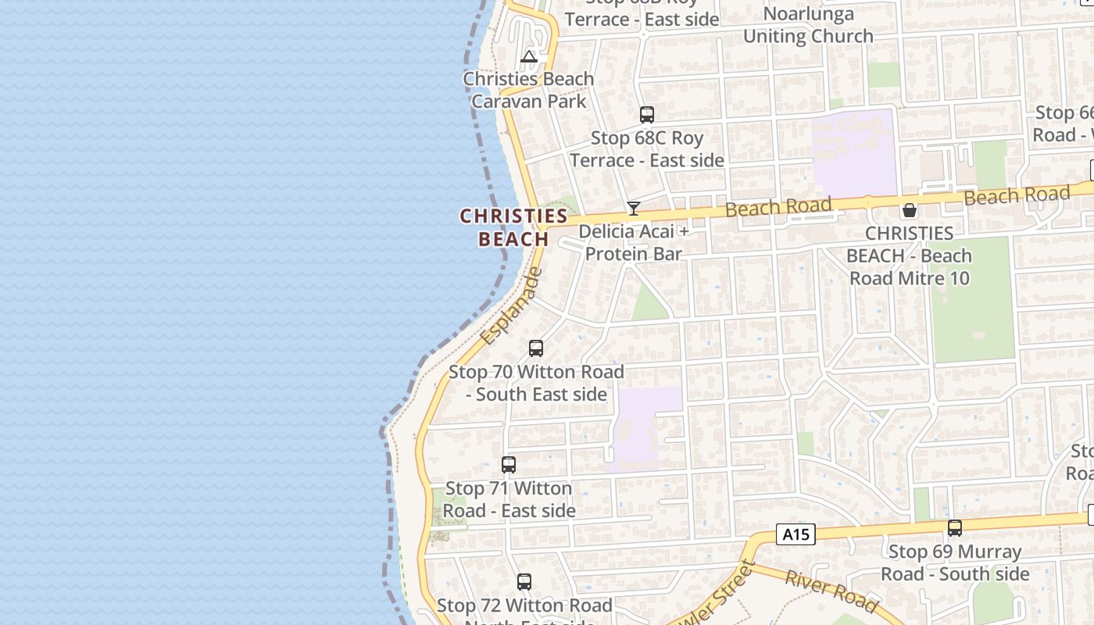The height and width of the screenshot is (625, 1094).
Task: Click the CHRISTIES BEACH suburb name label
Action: (513, 227)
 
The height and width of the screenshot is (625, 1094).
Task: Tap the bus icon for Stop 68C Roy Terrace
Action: (646, 115)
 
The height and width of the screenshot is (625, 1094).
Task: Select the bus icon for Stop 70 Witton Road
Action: (535, 348)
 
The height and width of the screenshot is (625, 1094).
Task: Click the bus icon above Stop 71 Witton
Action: (508, 465)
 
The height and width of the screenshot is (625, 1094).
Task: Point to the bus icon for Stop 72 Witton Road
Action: (524, 582)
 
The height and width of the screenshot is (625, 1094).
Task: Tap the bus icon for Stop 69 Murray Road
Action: (954, 528)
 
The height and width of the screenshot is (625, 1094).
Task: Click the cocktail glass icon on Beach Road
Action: (633, 209)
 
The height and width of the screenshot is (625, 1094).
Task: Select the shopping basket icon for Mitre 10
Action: (909, 210)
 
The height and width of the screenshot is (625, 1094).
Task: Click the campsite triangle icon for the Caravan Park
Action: (529, 56)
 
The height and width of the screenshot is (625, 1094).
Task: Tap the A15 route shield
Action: (795, 534)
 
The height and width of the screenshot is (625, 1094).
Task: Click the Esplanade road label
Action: (511, 306)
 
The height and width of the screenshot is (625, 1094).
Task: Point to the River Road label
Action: (831, 591)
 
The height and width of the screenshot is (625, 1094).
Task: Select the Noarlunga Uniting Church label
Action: (808, 25)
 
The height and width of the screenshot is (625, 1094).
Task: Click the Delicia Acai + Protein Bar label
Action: (634, 243)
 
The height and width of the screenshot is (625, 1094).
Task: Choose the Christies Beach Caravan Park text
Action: (528, 90)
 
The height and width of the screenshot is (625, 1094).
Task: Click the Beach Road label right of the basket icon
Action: (1016, 195)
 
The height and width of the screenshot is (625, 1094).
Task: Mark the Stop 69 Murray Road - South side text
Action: (955, 562)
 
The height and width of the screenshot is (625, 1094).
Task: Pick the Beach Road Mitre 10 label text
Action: (910, 255)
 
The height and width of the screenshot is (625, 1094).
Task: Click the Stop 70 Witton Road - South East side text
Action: (536, 383)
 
